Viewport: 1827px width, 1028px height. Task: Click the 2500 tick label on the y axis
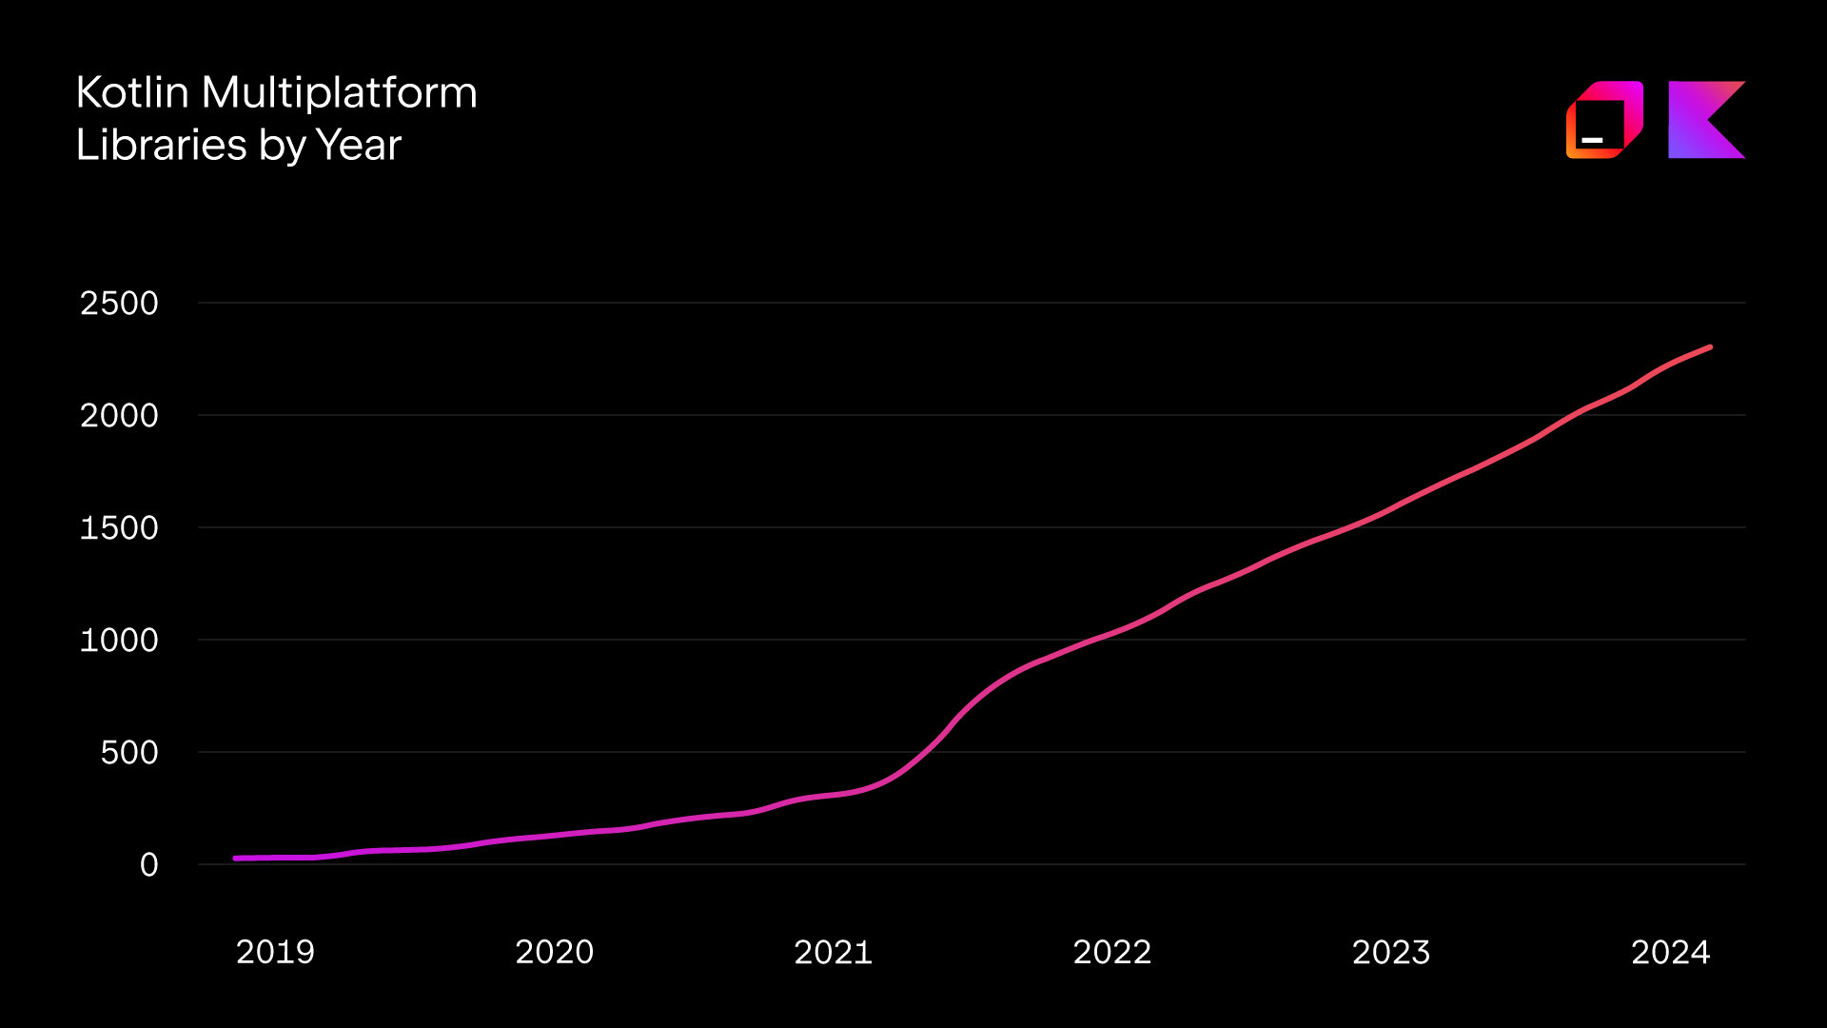click(119, 304)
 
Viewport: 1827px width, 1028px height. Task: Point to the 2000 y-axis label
click(119, 416)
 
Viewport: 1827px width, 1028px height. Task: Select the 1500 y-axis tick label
click(119, 528)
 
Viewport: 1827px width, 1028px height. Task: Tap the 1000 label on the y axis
click(119, 641)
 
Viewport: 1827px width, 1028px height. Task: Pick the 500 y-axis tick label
click(129, 753)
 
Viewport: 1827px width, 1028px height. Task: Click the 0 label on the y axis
click(149, 865)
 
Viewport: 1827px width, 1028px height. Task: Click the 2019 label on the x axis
click(275, 952)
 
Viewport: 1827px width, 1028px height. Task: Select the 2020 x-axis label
click(555, 952)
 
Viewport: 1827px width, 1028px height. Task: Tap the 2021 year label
click(834, 952)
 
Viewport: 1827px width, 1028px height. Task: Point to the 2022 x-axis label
click(1112, 952)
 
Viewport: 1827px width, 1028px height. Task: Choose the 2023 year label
click(1391, 952)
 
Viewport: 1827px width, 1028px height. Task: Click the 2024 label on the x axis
click(1671, 952)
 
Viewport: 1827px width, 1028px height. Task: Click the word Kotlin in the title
click(132, 93)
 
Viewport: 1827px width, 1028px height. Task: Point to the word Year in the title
click(358, 146)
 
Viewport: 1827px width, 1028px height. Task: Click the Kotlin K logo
click(1706, 120)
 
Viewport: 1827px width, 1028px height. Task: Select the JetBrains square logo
click(1604, 120)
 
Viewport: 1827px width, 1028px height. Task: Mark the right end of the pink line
click(1710, 347)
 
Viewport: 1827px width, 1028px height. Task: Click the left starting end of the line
click(236, 859)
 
